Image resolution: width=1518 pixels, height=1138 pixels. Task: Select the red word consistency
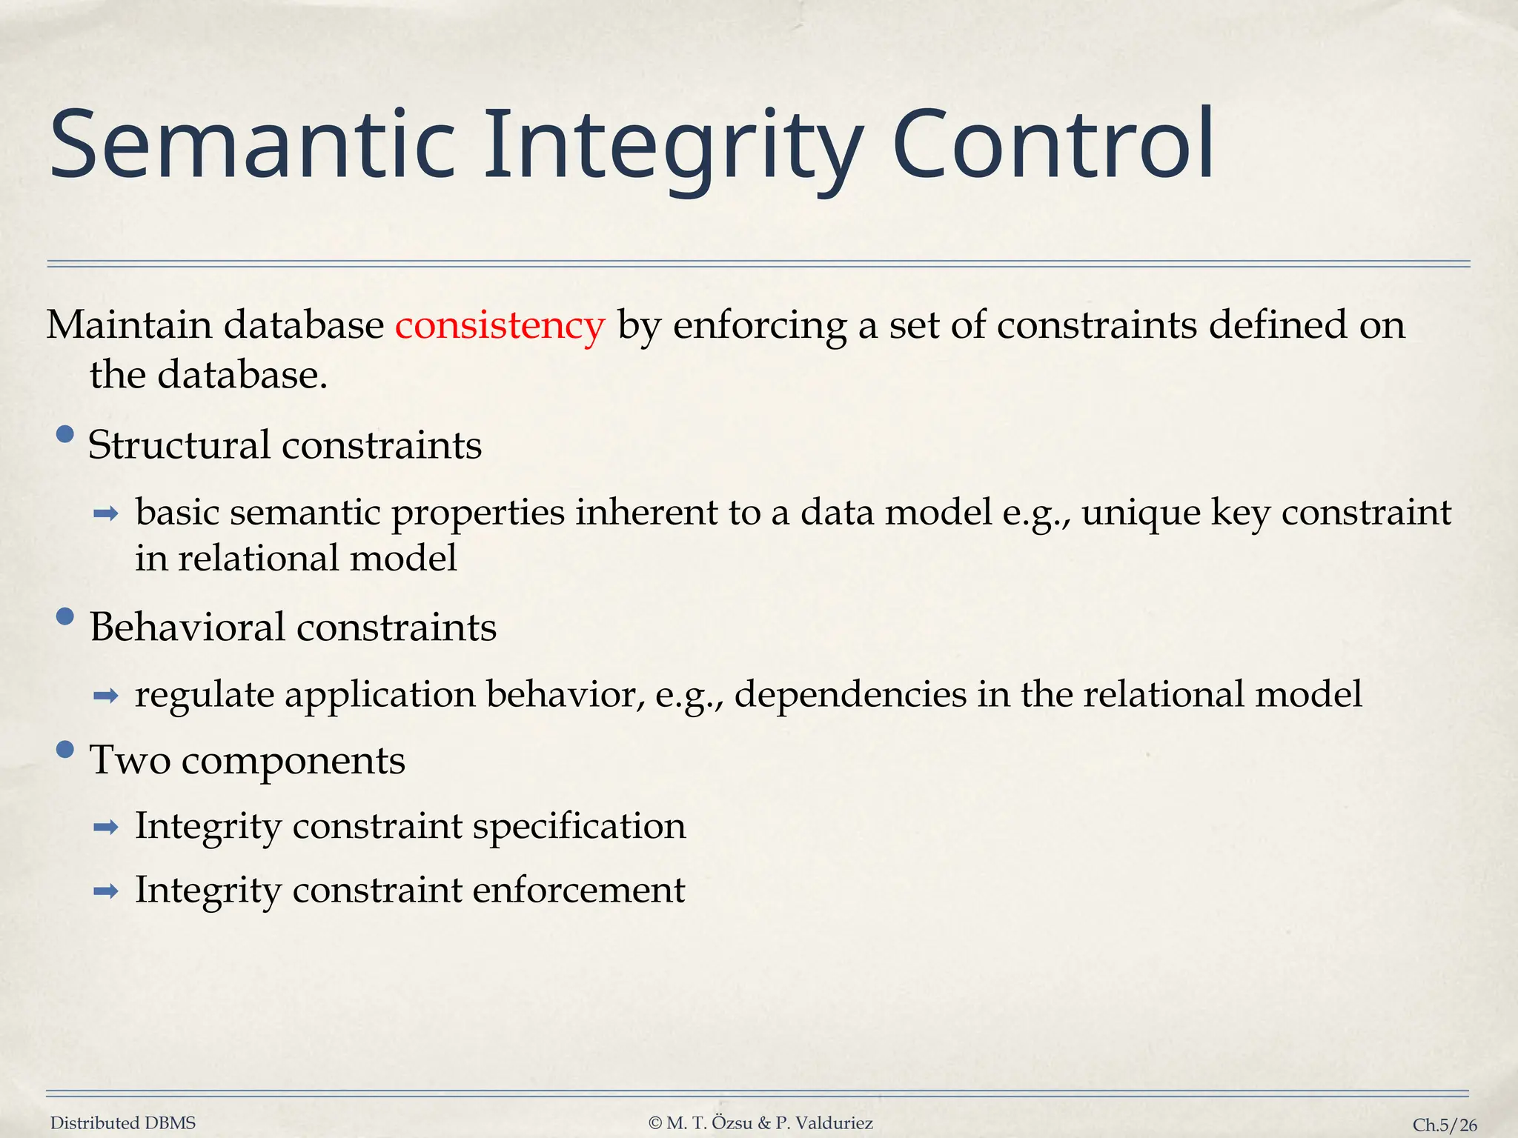pyautogui.click(x=500, y=326)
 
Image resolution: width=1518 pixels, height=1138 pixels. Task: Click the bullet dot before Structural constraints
pyautogui.click(x=65, y=434)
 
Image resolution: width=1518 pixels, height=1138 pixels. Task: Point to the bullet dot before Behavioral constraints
pyautogui.click(x=65, y=616)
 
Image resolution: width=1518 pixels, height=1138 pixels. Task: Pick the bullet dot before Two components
pyautogui.click(x=65, y=750)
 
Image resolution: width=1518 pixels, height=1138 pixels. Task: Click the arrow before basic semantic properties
pyautogui.click(x=106, y=513)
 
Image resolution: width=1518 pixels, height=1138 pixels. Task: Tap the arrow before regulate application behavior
pyautogui.click(x=106, y=695)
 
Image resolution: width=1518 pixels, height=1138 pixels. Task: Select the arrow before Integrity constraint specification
pyautogui.click(x=106, y=827)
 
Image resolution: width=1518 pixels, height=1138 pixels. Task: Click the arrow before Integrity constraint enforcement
pyautogui.click(x=106, y=891)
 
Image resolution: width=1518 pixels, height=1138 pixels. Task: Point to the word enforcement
pyautogui.click(x=578, y=890)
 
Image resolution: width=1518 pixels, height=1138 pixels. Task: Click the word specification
pyautogui.click(x=579, y=827)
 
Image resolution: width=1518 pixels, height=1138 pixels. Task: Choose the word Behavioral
pyautogui.click(x=188, y=627)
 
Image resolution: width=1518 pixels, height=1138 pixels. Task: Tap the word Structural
pyautogui.click(x=179, y=445)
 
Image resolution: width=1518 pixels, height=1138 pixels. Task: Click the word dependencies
pyautogui.click(x=850, y=695)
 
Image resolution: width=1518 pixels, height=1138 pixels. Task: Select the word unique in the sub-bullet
pyautogui.click(x=1141, y=513)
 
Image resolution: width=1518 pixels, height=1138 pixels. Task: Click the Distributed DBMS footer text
pyautogui.click(x=123, y=1123)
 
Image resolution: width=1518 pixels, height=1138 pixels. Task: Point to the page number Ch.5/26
pyautogui.click(x=1444, y=1125)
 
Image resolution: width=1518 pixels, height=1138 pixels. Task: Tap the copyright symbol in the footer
pyautogui.click(x=654, y=1123)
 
